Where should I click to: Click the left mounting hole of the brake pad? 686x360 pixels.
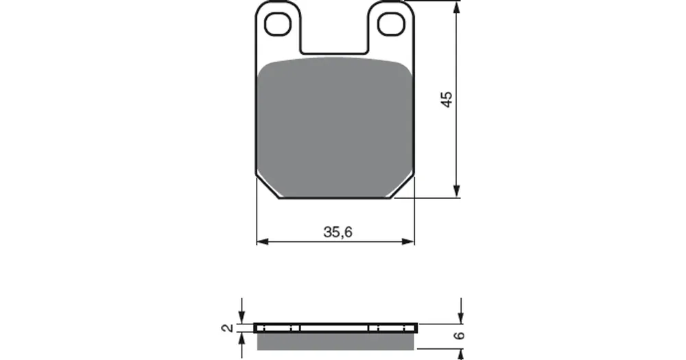pos(278,23)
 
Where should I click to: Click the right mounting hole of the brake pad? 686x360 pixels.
pos(391,23)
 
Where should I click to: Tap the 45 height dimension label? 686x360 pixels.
pos(447,99)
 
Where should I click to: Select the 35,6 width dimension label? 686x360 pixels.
pos(338,232)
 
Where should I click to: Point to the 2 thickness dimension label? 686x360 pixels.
pos(228,328)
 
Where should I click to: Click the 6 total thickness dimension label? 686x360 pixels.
pos(459,335)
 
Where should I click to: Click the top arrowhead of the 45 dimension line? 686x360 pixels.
pos(457,8)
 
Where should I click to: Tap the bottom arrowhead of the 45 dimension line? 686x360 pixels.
pos(457,191)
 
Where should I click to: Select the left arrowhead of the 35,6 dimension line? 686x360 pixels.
pos(263,241)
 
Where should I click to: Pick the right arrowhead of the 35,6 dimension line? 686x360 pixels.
pos(407,241)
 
